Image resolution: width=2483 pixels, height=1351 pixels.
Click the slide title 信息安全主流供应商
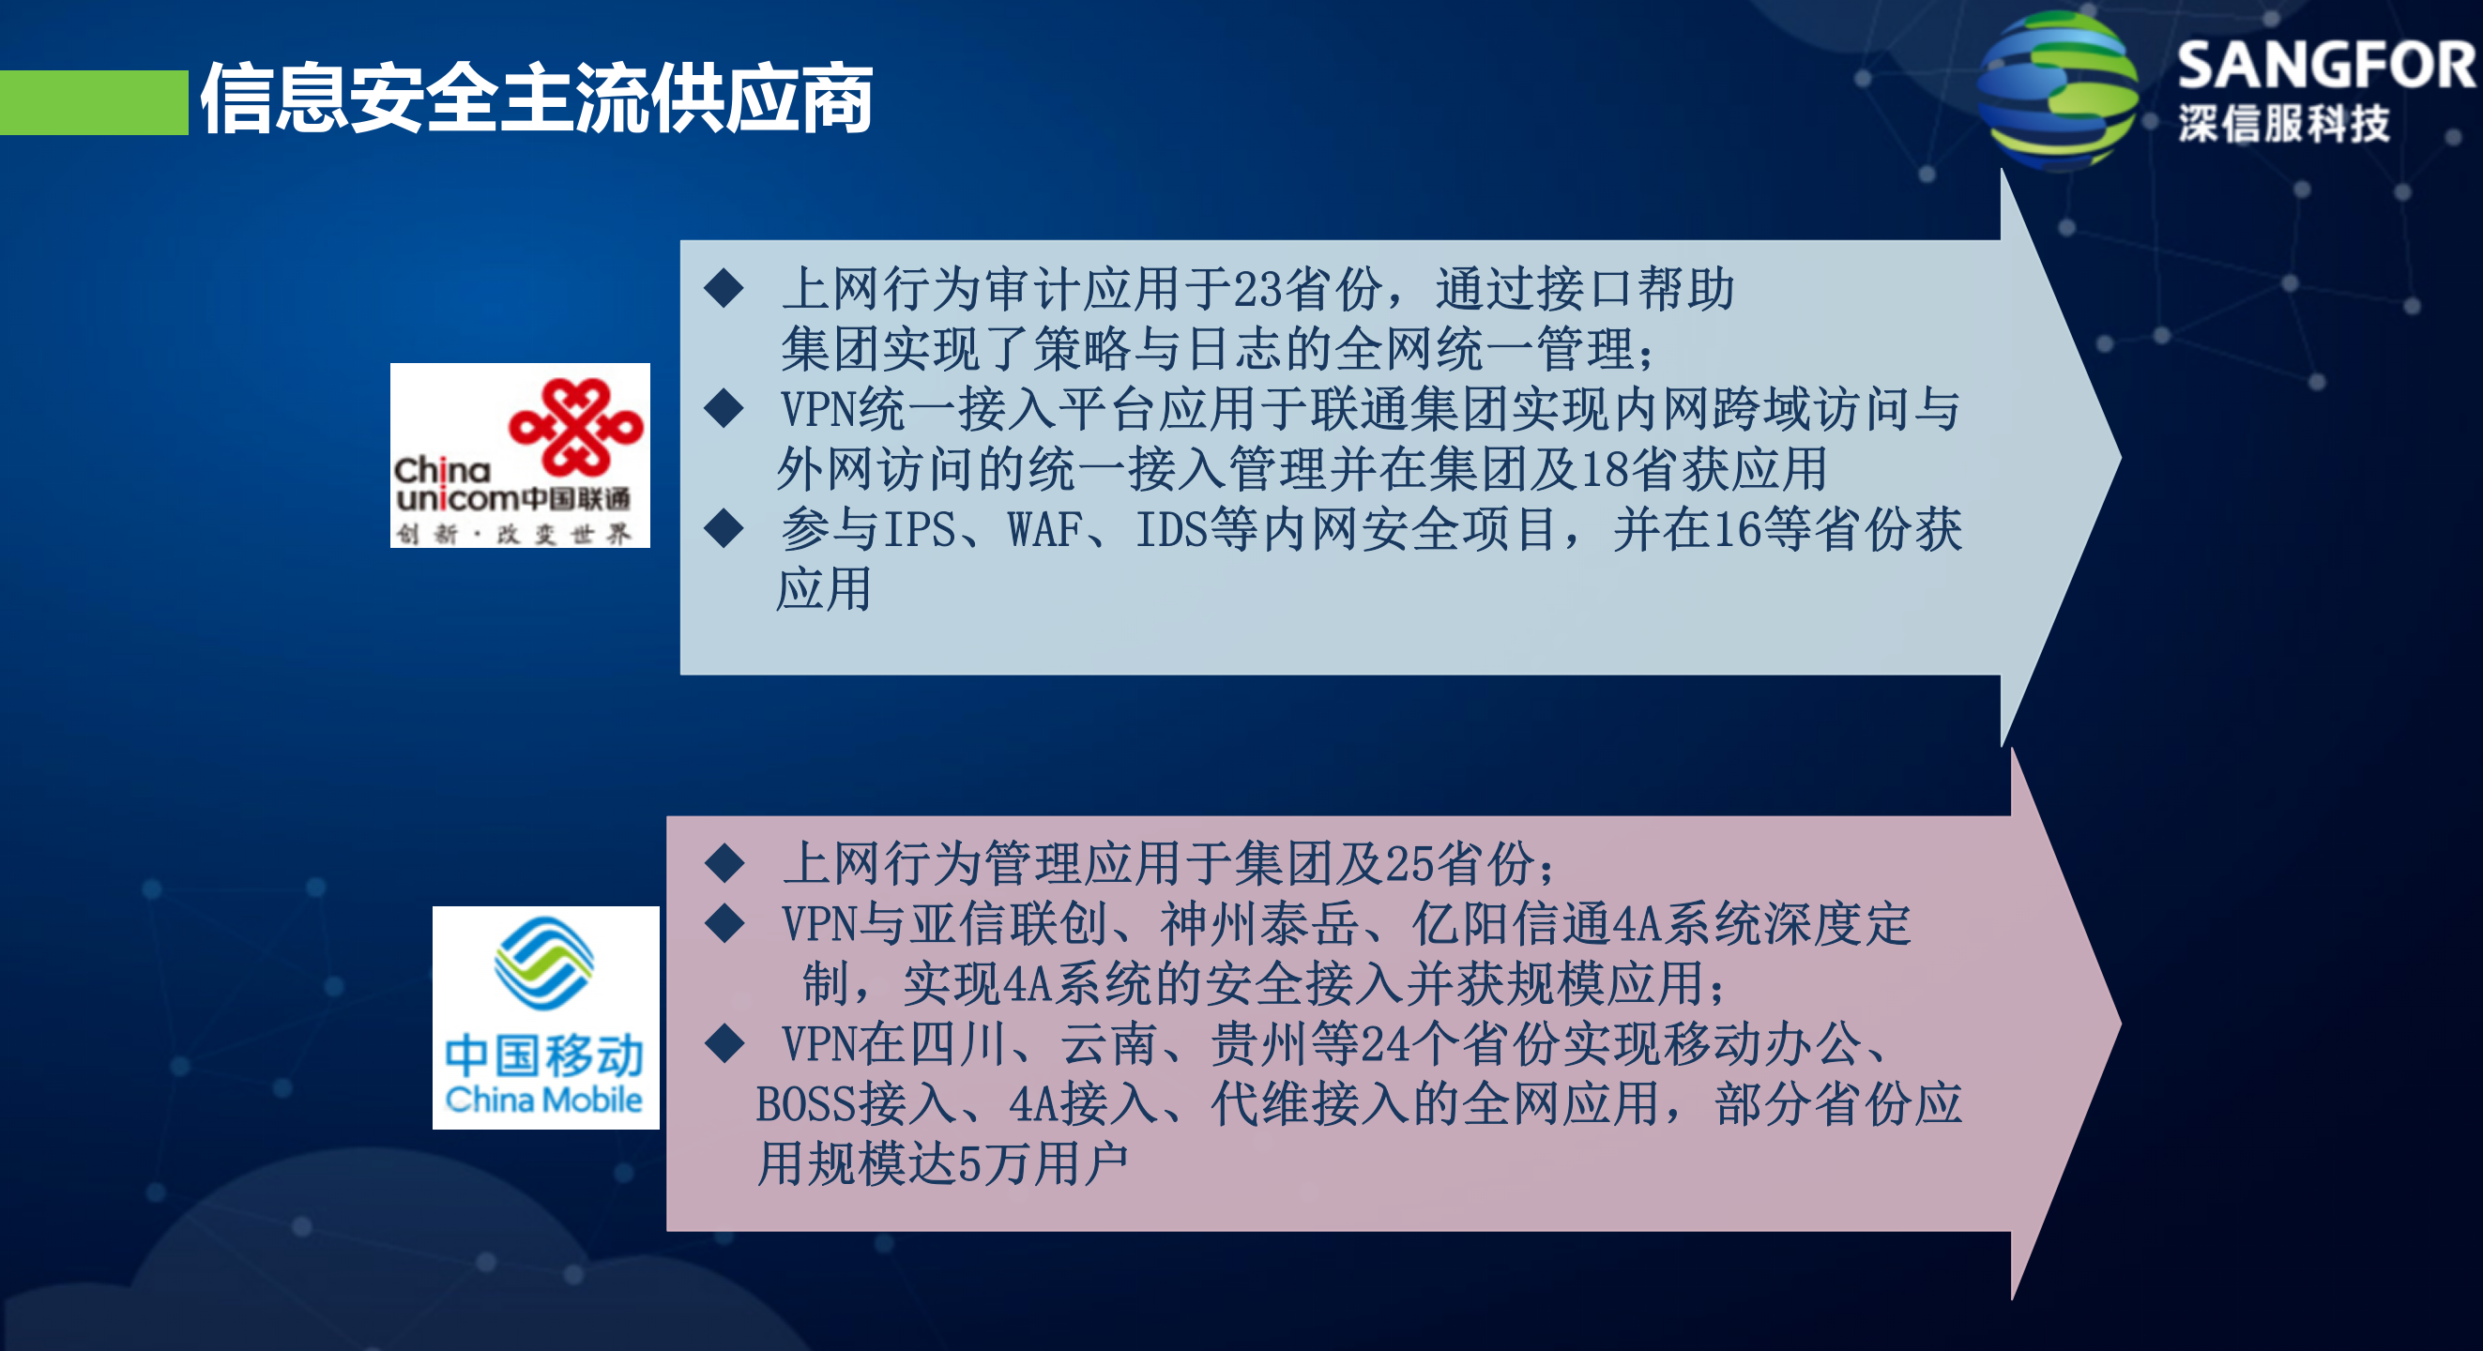point(536,99)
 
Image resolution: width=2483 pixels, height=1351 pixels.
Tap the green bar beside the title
point(94,102)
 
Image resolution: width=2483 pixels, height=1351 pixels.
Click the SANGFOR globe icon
point(2056,91)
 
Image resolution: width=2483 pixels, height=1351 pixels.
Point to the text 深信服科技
point(2283,124)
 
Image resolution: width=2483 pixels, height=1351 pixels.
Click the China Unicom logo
point(520,455)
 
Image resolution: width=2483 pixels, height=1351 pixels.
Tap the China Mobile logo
point(545,1017)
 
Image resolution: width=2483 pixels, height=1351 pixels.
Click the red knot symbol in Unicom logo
point(575,427)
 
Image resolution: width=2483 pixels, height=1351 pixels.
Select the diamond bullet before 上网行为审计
point(724,288)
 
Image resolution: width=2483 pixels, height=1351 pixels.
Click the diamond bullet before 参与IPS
point(724,528)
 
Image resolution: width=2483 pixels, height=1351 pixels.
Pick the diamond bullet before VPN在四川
point(724,1042)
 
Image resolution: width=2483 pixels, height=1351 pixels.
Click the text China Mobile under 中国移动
point(543,1100)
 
